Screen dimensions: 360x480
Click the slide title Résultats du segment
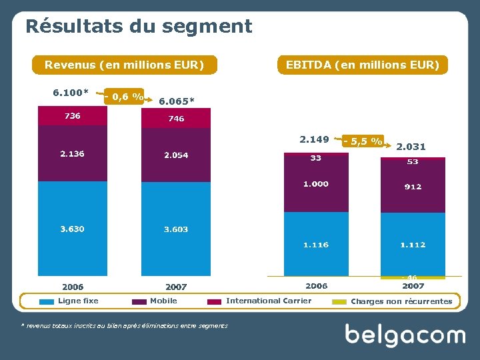pyautogui.click(x=139, y=26)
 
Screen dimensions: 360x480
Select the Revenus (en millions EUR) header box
pyautogui.click(x=124, y=65)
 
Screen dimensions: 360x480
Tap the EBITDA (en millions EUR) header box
pyautogui.click(x=362, y=65)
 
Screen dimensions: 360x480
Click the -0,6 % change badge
pyautogui.click(x=124, y=97)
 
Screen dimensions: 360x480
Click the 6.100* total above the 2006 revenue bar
pyautogui.click(x=71, y=92)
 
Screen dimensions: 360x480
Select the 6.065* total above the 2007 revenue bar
pyautogui.click(x=177, y=101)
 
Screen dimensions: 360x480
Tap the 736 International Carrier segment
pyautogui.click(x=72, y=116)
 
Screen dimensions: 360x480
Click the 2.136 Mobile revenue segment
pyautogui.click(x=72, y=154)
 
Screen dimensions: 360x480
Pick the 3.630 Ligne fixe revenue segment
pyautogui.click(x=72, y=229)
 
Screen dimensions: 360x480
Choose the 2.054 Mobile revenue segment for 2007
pyautogui.click(x=176, y=155)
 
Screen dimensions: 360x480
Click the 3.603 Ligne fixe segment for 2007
pyautogui.click(x=176, y=229)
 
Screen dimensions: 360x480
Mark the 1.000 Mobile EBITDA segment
pyautogui.click(x=316, y=184)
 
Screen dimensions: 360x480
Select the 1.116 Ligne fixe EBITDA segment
pyautogui.click(x=316, y=245)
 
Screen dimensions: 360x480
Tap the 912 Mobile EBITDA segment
pyautogui.click(x=413, y=187)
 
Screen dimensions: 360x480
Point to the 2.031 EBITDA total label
pyautogui.click(x=411, y=147)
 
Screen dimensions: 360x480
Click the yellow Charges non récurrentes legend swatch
pyautogui.click(x=339, y=301)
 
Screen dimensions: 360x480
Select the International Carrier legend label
pyautogui.click(x=268, y=301)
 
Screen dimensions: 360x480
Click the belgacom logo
pyautogui.click(x=405, y=335)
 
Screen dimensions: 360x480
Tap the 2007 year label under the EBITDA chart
pyautogui.click(x=413, y=286)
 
